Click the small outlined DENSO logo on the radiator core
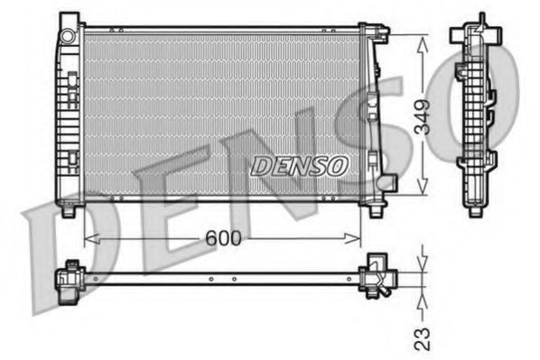(299, 166)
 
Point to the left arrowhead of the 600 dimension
(88, 238)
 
